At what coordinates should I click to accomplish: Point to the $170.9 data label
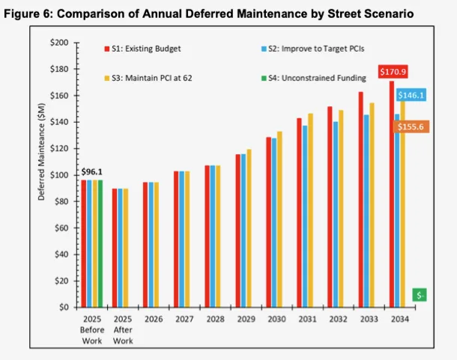[x=393, y=73]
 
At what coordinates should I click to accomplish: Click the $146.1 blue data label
[x=411, y=96]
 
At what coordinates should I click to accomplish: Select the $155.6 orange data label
[x=411, y=128]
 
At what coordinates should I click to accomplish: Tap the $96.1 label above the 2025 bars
[x=91, y=171]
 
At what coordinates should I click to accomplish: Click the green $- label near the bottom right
[x=421, y=295]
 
